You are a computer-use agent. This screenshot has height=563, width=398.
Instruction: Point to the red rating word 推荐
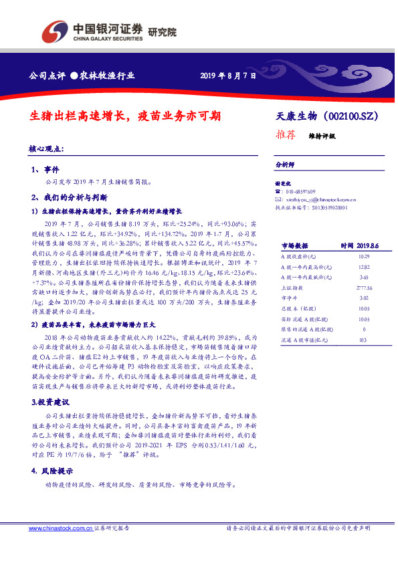[286, 134]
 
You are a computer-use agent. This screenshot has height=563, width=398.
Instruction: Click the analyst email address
[320, 199]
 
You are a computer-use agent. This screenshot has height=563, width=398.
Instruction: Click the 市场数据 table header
[294, 246]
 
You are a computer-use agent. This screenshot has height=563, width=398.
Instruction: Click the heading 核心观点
[46, 148]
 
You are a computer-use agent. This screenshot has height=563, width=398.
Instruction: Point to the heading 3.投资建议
[49, 403]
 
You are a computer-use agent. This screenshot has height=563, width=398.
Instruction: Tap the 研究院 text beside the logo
[162, 31]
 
